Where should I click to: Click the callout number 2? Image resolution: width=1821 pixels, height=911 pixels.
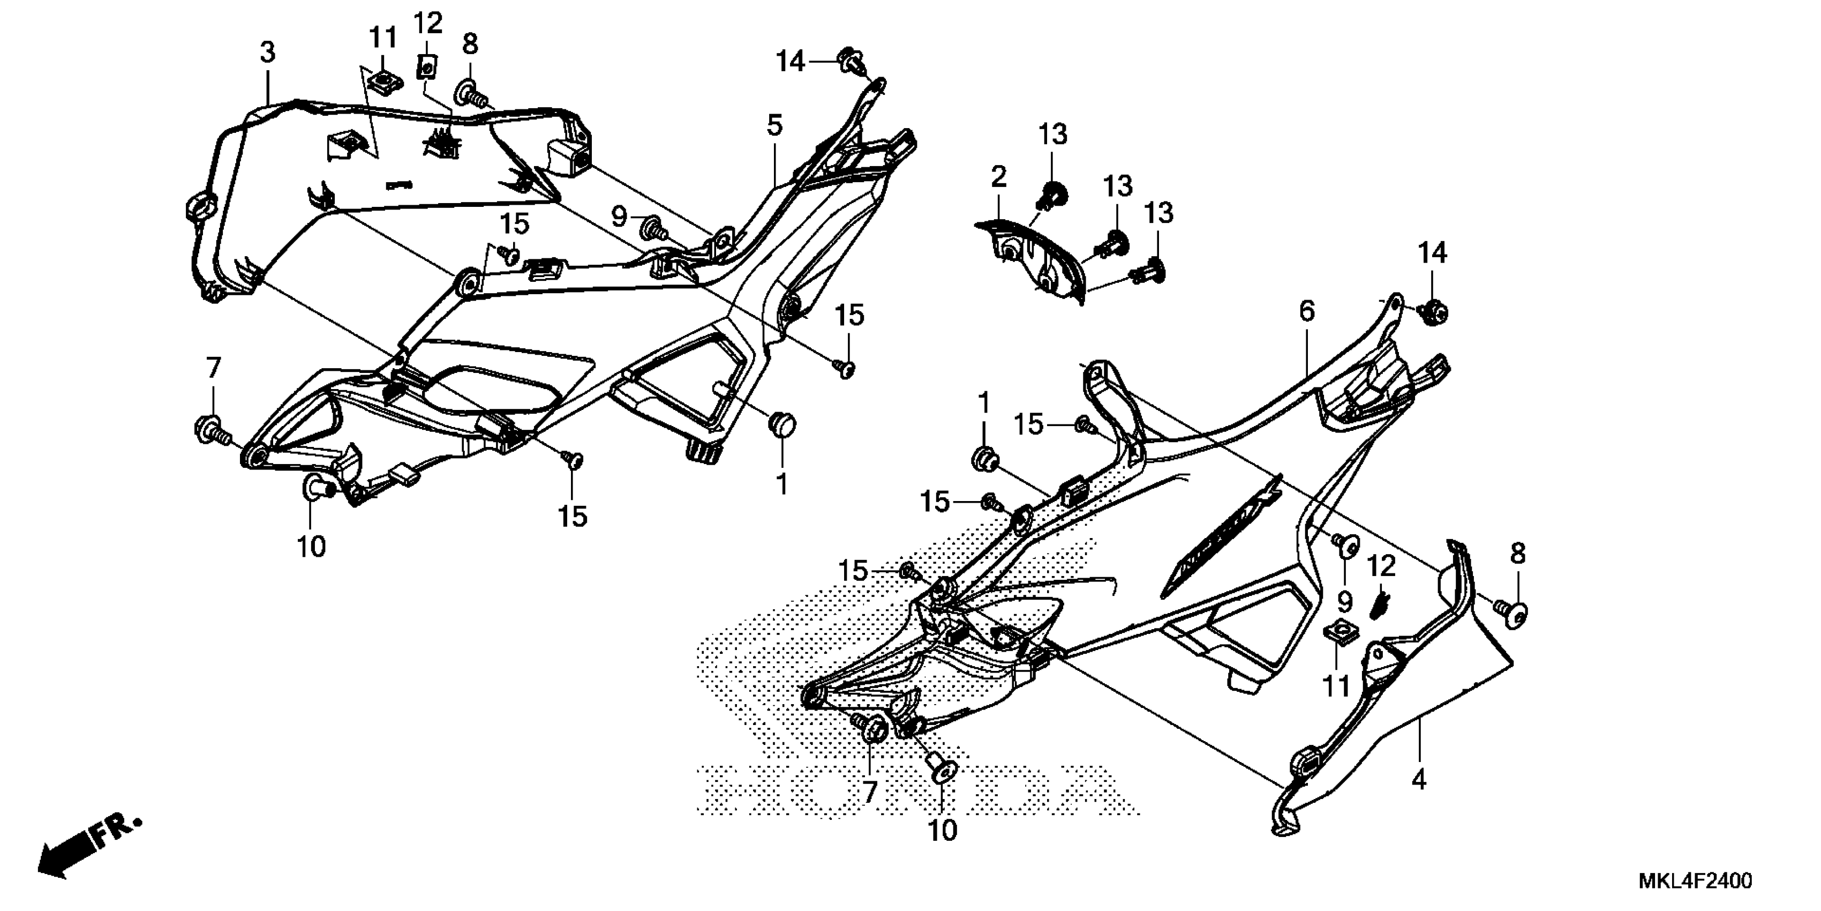[998, 177]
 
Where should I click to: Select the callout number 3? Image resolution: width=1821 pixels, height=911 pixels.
[267, 53]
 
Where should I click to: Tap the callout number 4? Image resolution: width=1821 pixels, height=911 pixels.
[1418, 780]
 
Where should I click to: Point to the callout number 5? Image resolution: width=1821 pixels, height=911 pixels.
[775, 126]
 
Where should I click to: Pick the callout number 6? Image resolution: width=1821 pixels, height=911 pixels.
[1306, 311]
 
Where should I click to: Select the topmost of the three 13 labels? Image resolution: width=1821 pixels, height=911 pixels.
[1052, 135]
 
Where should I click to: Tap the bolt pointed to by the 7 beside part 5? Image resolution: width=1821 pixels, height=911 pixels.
[209, 429]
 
